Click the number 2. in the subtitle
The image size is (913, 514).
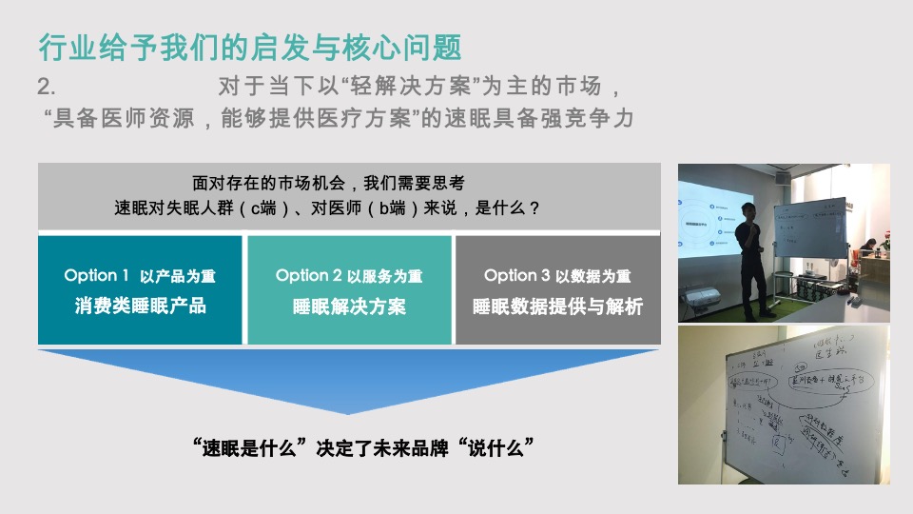[48, 87]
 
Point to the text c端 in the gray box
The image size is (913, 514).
[263, 207]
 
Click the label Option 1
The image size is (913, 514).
[96, 275]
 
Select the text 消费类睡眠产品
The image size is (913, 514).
[140, 306]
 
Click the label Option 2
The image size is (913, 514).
[308, 275]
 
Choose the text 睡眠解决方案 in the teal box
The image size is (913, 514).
[349, 306]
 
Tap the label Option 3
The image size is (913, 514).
[516, 275]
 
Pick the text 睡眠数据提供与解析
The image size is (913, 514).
[557, 306]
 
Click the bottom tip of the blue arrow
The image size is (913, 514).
[348, 411]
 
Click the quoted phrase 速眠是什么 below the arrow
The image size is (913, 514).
[254, 447]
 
